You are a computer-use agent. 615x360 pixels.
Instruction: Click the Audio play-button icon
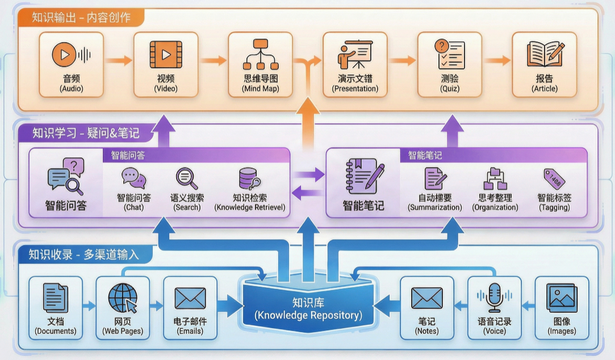65,55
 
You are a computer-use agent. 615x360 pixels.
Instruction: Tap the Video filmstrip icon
166,55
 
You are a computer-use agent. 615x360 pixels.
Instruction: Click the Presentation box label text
355,83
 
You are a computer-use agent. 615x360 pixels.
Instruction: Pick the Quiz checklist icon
449,55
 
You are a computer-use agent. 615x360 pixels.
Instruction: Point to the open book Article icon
545,55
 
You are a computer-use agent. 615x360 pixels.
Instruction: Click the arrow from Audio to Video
119,60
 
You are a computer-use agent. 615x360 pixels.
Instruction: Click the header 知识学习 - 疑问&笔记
86,133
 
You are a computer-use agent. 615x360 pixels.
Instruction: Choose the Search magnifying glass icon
187,178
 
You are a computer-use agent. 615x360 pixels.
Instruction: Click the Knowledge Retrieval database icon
250,178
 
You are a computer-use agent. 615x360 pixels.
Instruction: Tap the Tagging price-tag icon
554,178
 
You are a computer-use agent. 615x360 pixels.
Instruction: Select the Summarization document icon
436,178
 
